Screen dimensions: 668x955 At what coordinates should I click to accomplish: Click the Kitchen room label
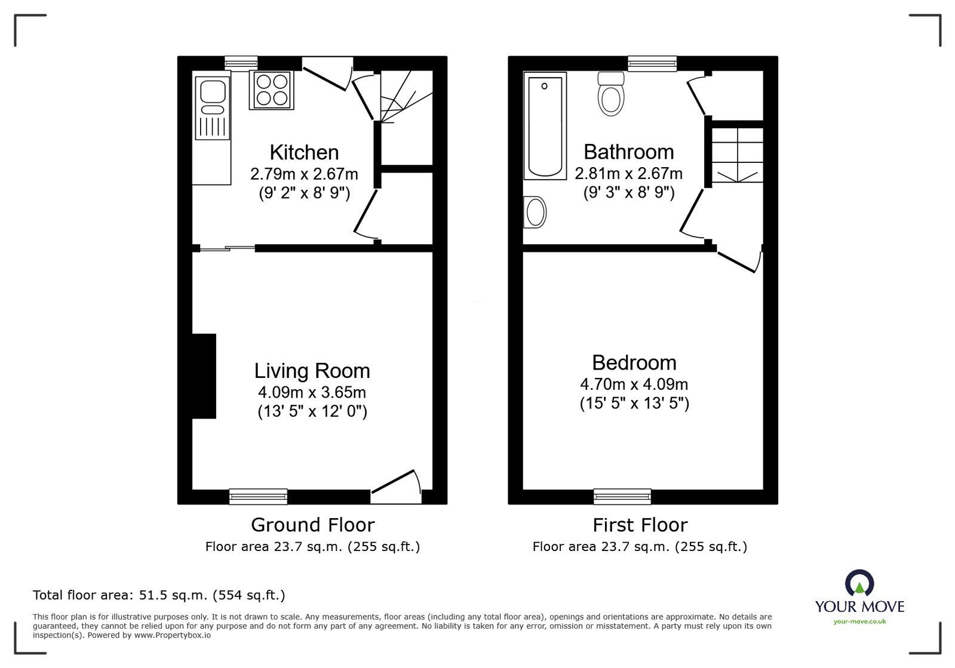pos(304,152)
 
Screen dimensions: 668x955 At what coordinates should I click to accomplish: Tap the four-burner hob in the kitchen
pos(271,90)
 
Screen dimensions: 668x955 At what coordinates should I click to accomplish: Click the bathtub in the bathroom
pos(545,126)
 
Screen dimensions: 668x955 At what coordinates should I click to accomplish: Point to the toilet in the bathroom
pos(611,96)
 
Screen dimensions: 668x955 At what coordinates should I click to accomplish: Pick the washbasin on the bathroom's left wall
pos(535,212)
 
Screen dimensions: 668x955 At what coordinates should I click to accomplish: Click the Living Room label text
pos(312,371)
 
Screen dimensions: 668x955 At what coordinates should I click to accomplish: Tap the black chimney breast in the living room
pos(204,376)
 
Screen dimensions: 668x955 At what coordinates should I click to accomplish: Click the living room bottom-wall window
pos(258,496)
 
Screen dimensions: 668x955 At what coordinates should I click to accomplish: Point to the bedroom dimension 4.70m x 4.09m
pos(634,384)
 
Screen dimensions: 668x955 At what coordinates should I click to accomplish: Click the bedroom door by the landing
pos(738,261)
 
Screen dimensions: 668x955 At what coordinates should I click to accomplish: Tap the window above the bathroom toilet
pos(652,63)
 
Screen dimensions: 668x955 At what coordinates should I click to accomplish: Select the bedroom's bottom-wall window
pos(622,496)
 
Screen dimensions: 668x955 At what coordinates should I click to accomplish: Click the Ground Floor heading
pos(312,525)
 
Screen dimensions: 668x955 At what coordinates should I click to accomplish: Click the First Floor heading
pos(640,525)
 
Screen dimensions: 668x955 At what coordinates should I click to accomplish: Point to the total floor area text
pos(159,595)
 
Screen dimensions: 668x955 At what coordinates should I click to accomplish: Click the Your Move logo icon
pos(859,583)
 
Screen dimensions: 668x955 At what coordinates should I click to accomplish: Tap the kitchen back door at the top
pos(326,73)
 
